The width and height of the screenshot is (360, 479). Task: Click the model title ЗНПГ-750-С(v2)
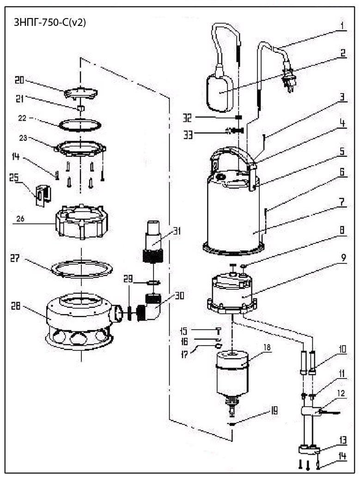pos(50,22)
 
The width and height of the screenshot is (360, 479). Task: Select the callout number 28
pos(16,305)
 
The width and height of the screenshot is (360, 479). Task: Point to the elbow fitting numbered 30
pos(151,307)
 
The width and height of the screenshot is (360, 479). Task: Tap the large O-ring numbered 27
pos(81,269)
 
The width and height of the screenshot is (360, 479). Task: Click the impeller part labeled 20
pos(81,93)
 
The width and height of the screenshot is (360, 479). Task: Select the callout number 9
pos(343,258)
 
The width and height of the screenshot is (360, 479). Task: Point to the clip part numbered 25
pos(43,195)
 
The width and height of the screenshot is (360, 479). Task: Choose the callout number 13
pos(343,440)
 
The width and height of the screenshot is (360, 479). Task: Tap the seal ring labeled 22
pos(80,125)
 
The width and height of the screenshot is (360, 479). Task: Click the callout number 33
pos(188,134)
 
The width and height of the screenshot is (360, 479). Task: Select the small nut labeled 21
pos(80,108)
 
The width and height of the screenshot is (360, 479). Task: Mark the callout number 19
pos(274,410)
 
